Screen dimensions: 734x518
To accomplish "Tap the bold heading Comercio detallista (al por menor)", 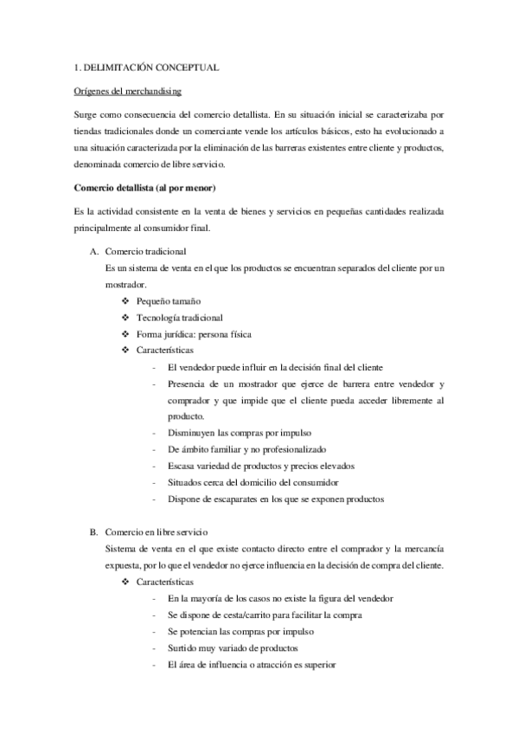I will (x=144, y=189).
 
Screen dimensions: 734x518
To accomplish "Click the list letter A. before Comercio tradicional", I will (x=93, y=252).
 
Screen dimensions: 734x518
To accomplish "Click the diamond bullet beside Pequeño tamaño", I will (x=126, y=301).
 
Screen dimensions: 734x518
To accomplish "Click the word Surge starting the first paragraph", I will (x=88, y=114).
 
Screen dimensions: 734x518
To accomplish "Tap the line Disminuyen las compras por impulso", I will (x=240, y=433).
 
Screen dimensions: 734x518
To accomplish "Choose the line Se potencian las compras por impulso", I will (x=240, y=631).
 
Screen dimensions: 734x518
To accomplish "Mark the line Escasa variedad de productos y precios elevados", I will (x=261, y=466).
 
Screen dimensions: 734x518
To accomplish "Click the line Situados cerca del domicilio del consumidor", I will (x=253, y=482).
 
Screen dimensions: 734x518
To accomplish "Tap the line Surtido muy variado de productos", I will (x=233, y=647).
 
